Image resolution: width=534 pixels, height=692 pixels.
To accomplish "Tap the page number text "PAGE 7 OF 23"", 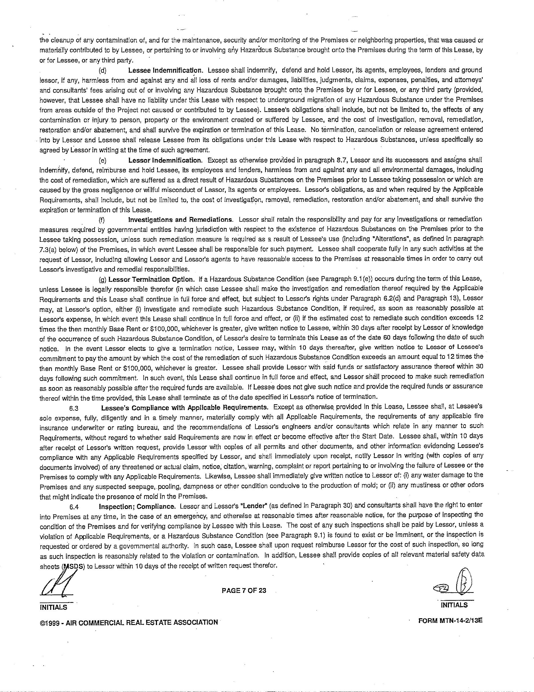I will (x=244, y=590).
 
